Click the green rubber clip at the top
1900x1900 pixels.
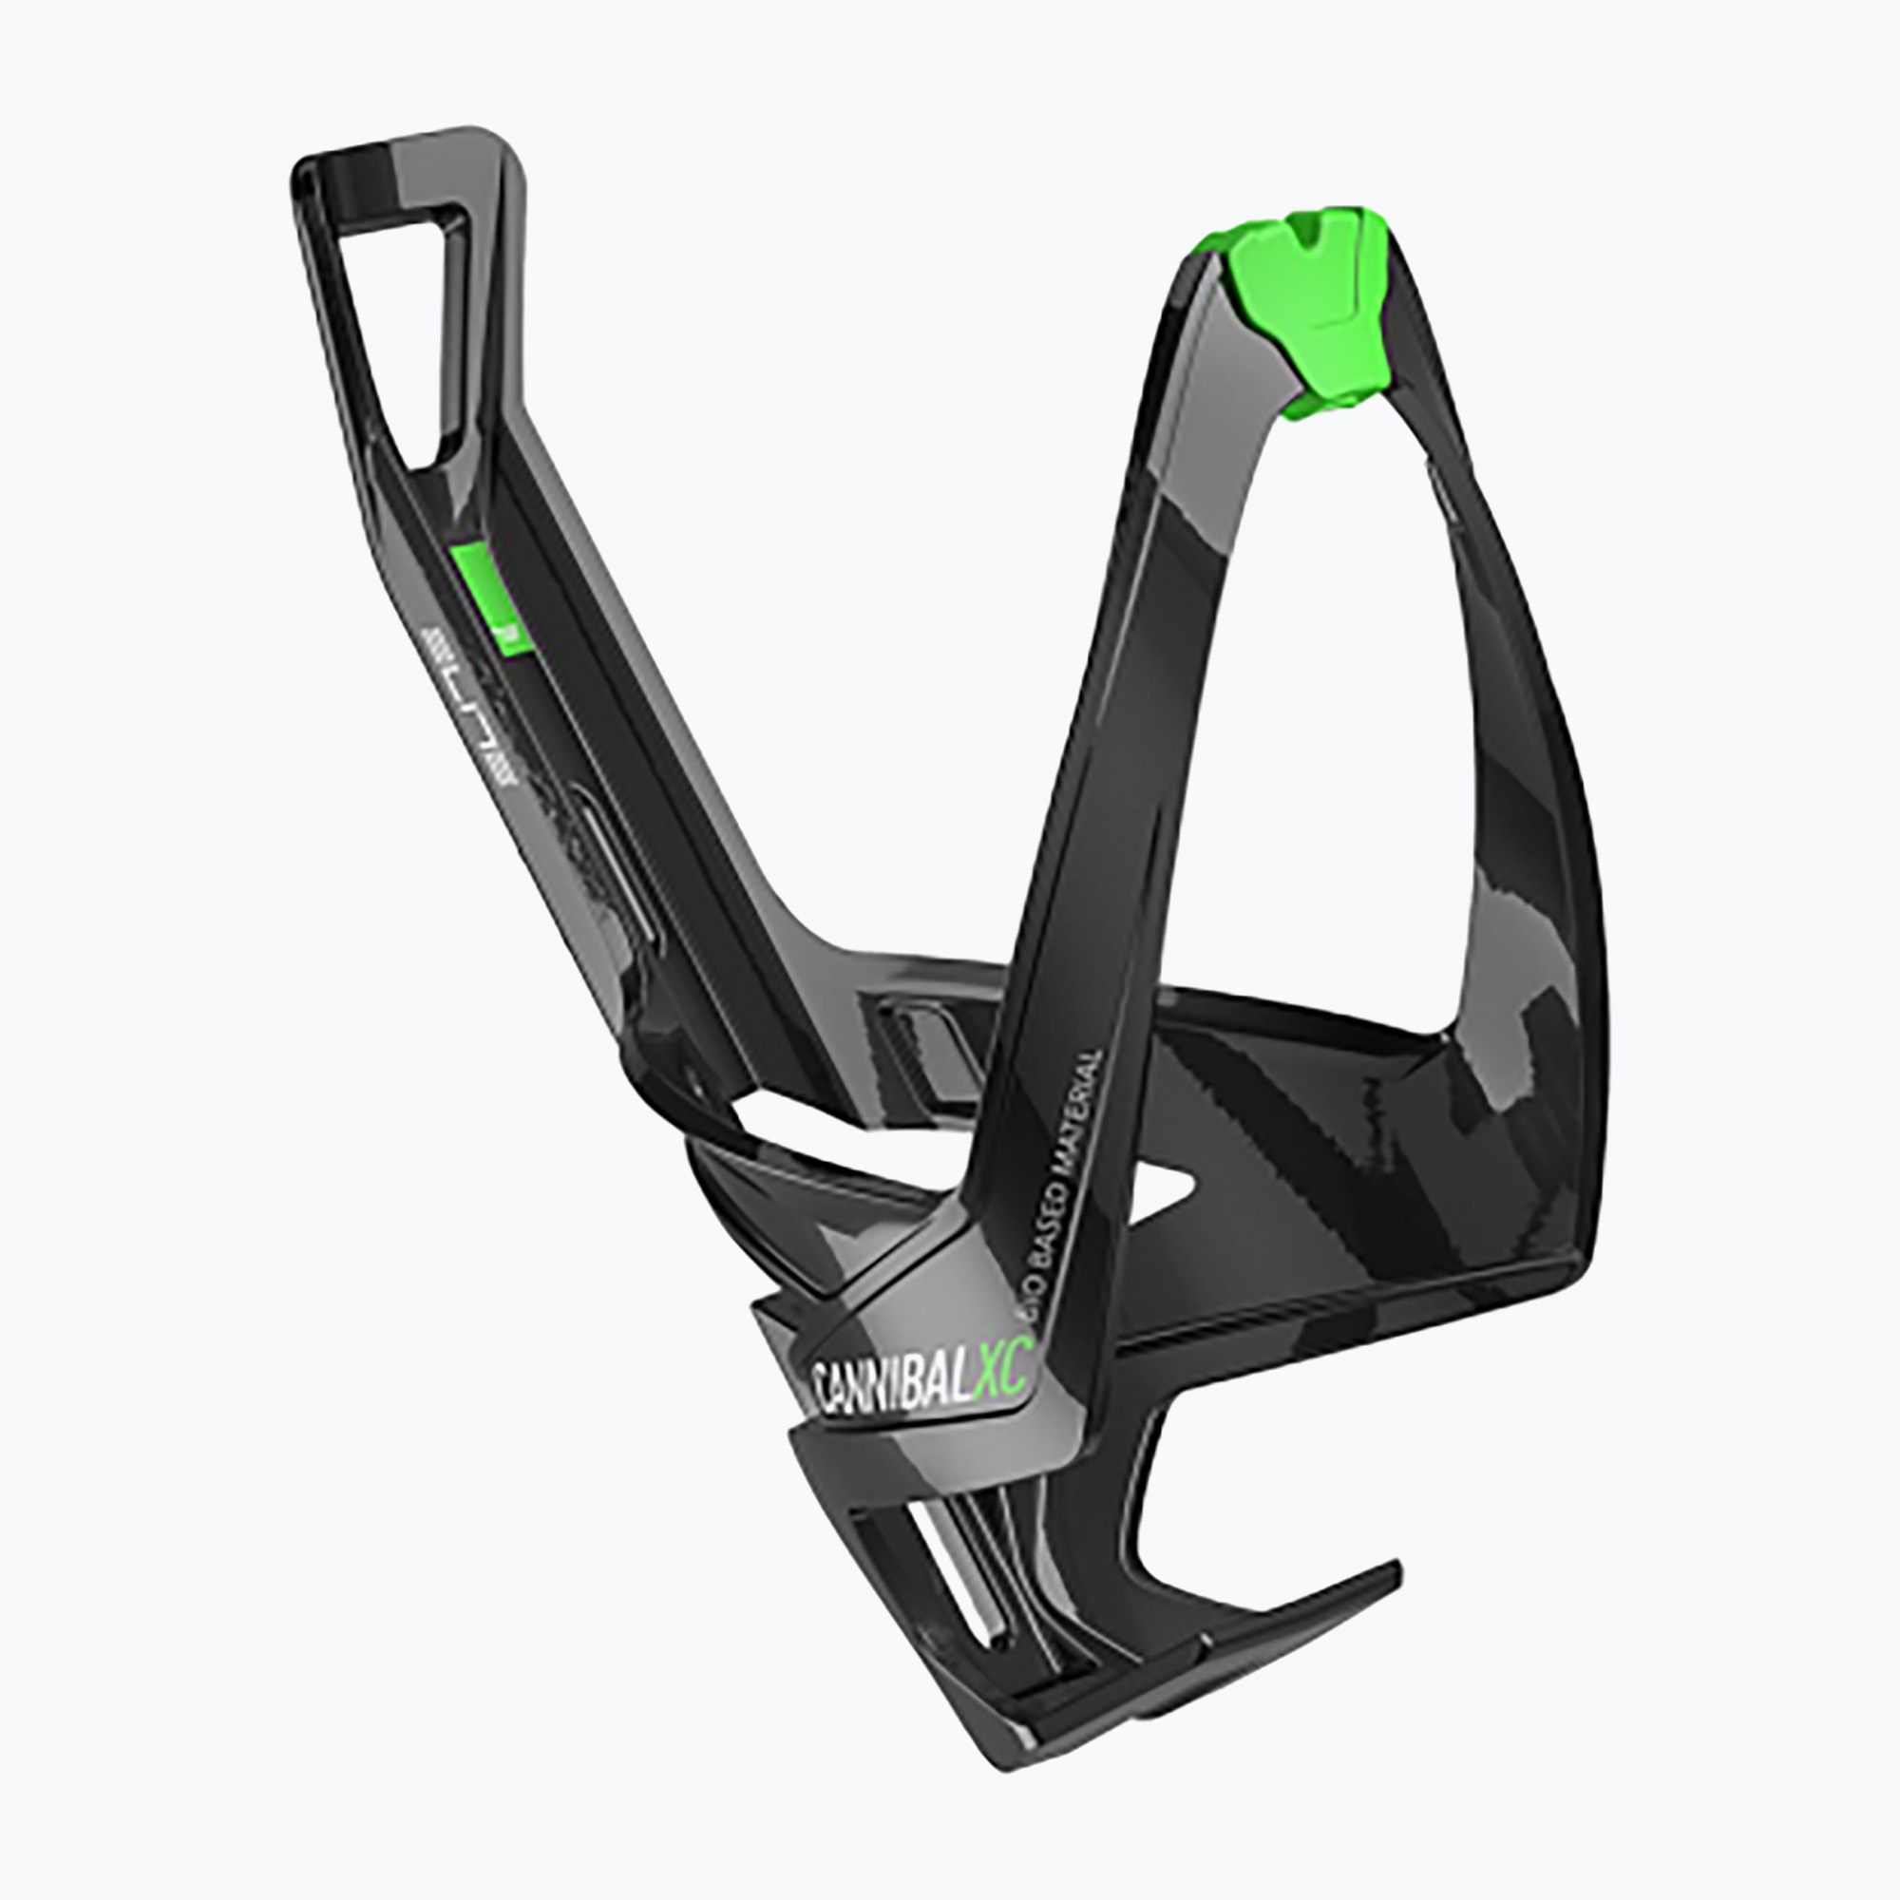click(x=1314, y=295)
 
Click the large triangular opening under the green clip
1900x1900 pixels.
click(x=1328, y=708)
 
